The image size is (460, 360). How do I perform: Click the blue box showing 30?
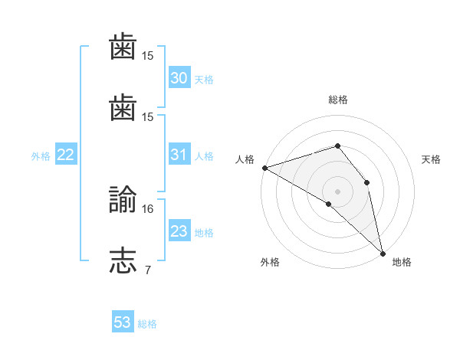click(x=179, y=77)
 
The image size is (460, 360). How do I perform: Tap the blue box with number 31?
click(x=179, y=154)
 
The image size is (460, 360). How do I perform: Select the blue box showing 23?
click(x=179, y=230)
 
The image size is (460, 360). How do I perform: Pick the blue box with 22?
click(x=66, y=154)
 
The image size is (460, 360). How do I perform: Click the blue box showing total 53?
click(x=123, y=321)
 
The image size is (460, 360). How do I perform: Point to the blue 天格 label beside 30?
click(x=204, y=80)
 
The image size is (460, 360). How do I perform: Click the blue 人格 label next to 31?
click(x=204, y=156)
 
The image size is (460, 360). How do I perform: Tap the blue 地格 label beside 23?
click(x=204, y=233)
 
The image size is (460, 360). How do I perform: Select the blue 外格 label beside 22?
click(x=41, y=156)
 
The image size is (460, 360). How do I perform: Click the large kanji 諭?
click(x=123, y=199)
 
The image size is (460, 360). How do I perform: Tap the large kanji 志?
click(x=123, y=260)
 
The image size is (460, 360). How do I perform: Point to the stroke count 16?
click(x=147, y=209)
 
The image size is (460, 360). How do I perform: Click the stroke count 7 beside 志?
click(x=148, y=270)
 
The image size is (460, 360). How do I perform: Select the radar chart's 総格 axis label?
click(x=338, y=100)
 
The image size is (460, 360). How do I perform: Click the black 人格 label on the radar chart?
click(x=245, y=159)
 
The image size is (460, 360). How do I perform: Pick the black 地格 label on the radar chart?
click(x=402, y=262)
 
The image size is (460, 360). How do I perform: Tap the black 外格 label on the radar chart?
click(x=270, y=262)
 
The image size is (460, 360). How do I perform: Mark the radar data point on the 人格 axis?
click(x=265, y=168)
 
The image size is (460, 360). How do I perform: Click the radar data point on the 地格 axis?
click(x=383, y=254)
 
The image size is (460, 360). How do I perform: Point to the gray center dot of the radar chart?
click(x=337, y=191)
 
